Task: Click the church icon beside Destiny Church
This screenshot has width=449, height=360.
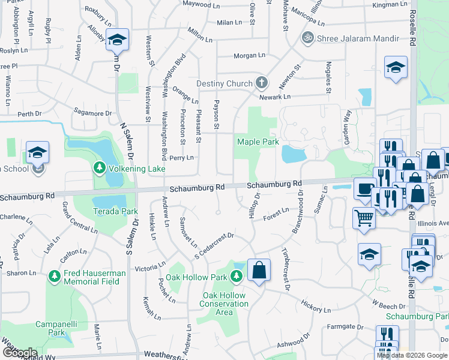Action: (x=261, y=82)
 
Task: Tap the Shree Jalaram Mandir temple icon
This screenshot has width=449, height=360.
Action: (x=309, y=38)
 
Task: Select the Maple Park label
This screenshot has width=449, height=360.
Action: (x=258, y=142)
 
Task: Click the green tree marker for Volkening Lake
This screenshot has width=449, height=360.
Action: (x=98, y=169)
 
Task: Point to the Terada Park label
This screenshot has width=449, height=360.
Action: (x=115, y=211)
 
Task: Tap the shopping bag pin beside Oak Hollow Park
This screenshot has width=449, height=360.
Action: (x=258, y=271)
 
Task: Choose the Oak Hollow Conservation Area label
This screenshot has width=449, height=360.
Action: (x=224, y=304)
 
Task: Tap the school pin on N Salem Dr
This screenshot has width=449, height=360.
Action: (x=117, y=40)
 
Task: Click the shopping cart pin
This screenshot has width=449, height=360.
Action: (x=364, y=218)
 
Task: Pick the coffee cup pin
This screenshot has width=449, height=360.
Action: (x=364, y=188)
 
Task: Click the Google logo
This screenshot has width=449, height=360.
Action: (x=19, y=353)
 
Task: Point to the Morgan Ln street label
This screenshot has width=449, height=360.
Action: (x=249, y=56)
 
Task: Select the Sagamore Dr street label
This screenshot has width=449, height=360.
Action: (x=92, y=113)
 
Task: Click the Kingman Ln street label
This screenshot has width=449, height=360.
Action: (x=389, y=5)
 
